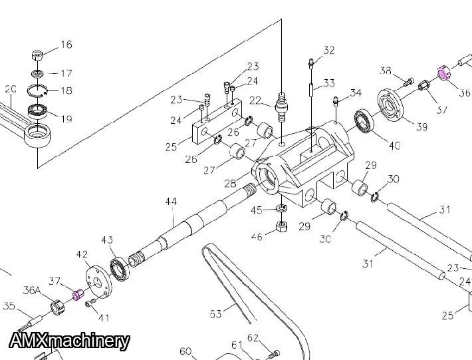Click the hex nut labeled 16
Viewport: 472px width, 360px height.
tap(38, 55)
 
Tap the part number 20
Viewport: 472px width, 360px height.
tap(10, 89)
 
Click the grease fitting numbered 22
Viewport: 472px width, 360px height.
tap(282, 105)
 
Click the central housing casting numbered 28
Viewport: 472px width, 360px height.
tap(299, 166)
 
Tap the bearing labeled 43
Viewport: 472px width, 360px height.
tap(121, 268)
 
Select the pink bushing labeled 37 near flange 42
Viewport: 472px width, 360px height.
tap(78, 293)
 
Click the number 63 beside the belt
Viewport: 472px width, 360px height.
tap(215, 313)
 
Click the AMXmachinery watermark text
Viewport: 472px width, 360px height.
tap(70, 341)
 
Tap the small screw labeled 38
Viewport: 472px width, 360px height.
tap(407, 81)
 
